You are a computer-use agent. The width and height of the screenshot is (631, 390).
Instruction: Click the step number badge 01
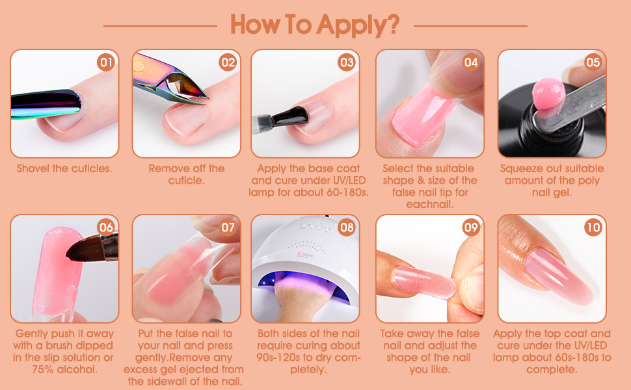pyautogui.click(x=106, y=62)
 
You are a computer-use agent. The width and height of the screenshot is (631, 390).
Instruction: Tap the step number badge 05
pyautogui.click(x=593, y=62)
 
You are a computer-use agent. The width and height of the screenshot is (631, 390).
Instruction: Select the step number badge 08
pyautogui.click(x=347, y=227)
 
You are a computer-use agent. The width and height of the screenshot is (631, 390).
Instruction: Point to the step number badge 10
pyautogui.click(x=593, y=227)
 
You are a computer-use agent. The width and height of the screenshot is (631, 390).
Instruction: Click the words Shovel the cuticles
pyautogui.click(x=64, y=168)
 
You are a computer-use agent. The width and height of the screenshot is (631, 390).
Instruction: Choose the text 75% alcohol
pyautogui.click(x=64, y=370)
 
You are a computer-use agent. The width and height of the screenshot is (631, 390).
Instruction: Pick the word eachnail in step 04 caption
pyautogui.click(x=429, y=205)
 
